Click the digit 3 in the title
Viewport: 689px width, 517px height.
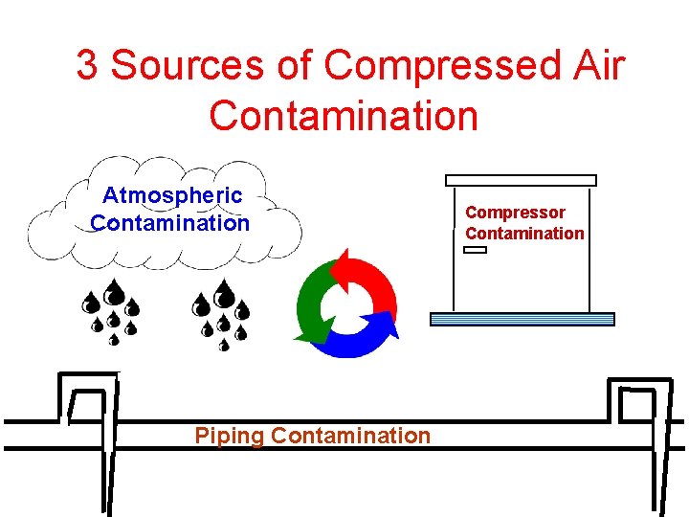87,66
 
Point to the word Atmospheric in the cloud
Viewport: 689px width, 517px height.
172,195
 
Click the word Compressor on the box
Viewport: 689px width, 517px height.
515,212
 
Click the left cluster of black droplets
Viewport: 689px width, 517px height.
113,310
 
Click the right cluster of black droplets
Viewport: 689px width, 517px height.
223,312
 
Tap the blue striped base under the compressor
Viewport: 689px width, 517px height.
522,320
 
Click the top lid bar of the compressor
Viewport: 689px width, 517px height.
521,180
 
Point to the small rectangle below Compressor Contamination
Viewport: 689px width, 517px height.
475,250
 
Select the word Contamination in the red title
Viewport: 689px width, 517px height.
343,116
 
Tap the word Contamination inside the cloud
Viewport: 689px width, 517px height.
170,223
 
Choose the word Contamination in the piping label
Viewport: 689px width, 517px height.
351,436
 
